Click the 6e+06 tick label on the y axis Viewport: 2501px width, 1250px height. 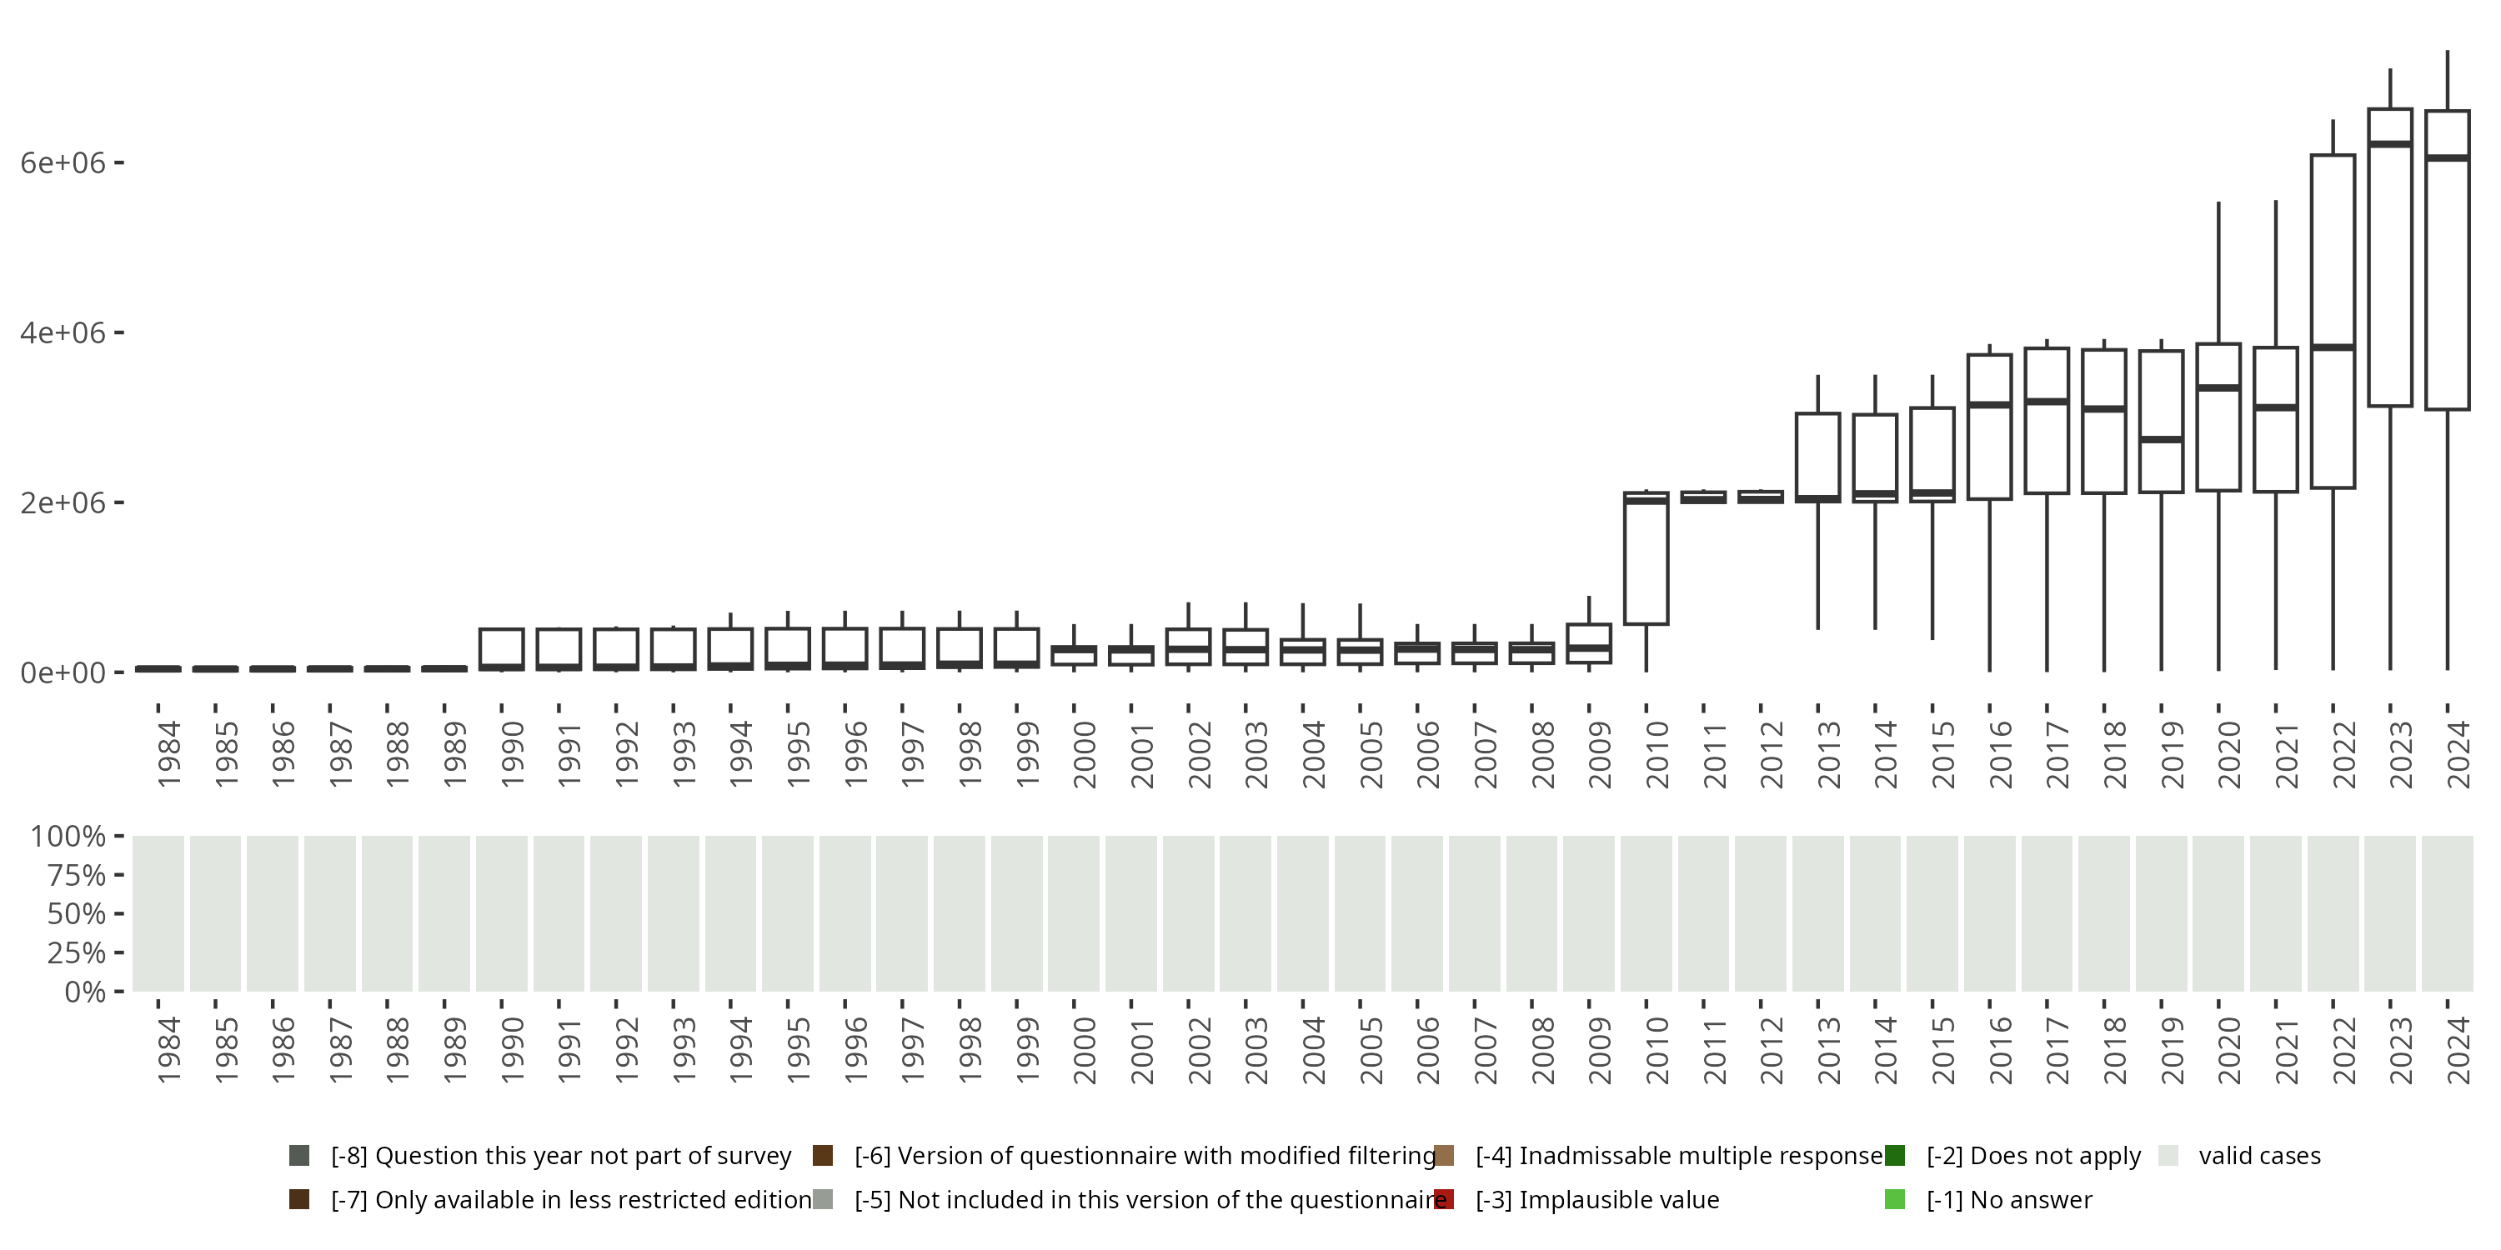coord(63,162)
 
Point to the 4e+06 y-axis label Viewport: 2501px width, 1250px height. coord(63,332)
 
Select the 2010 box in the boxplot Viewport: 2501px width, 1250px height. coord(1646,558)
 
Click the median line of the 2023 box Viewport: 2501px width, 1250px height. coord(2389,143)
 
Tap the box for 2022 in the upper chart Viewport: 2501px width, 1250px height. coord(2332,320)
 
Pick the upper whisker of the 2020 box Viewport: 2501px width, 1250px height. coord(2218,272)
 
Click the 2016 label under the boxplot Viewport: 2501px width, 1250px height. coord(2001,754)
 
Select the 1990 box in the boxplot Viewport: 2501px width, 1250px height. coord(502,648)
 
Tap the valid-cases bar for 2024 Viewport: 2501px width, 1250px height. coord(2447,913)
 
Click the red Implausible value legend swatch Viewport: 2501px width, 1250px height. coord(1444,1199)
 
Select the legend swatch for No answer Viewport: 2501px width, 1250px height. coord(1894,1199)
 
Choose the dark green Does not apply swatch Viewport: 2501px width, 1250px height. coord(1894,1156)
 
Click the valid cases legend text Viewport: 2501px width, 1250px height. coord(2259,1156)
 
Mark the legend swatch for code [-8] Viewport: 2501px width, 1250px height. coord(299,1156)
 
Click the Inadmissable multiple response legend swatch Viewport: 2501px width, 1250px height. coord(1444,1156)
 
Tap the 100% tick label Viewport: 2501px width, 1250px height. coord(68,837)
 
